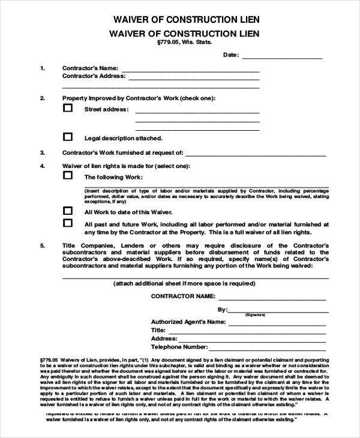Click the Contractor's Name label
(x=90, y=68)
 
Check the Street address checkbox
(x=68, y=109)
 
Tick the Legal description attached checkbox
(x=68, y=137)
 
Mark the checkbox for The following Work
(x=68, y=176)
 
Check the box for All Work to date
(x=68, y=211)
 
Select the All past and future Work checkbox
(x=68, y=223)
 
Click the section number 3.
(x=42, y=153)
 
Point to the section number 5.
(x=42, y=246)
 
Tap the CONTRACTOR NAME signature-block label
(x=183, y=296)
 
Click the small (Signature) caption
(x=254, y=314)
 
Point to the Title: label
(x=158, y=330)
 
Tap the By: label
(x=222, y=310)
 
